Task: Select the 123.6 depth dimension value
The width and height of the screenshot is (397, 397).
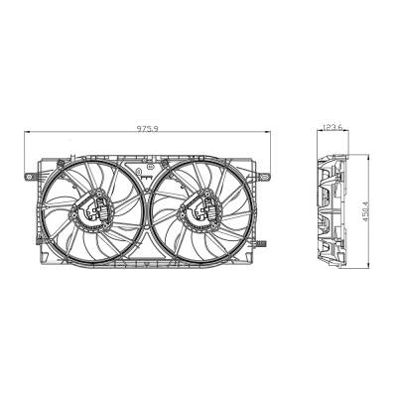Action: click(x=333, y=127)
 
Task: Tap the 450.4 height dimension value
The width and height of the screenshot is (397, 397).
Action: click(x=367, y=210)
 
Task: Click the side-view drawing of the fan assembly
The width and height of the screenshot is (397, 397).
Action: click(x=333, y=210)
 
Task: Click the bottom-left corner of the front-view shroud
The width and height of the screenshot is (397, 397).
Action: click(x=42, y=268)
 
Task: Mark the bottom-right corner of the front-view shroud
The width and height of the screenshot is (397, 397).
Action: click(x=258, y=268)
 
